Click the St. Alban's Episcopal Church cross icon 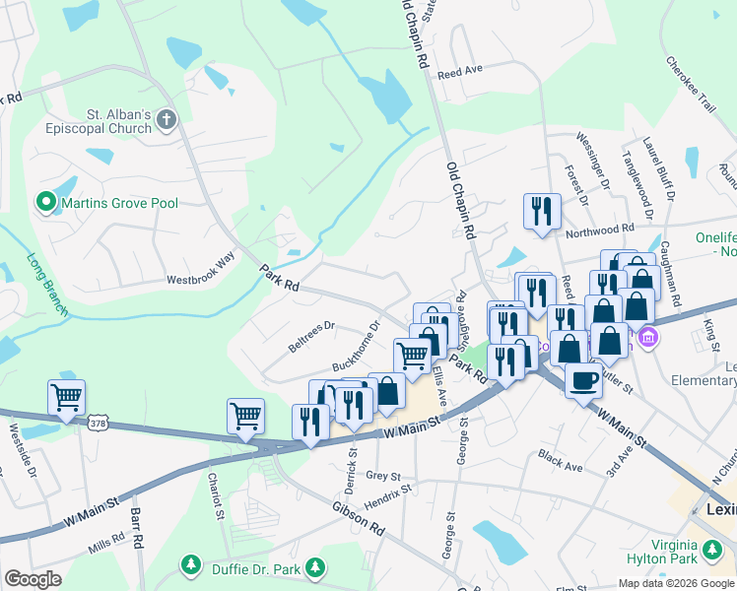[x=167, y=120]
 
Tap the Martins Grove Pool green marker [x=45, y=203]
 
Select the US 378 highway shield [x=97, y=422]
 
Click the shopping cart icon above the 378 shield [x=66, y=398]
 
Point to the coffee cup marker [x=584, y=378]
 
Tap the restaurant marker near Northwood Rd [x=542, y=211]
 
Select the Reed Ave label [x=460, y=72]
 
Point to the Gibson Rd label [x=358, y=517]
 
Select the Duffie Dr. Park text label [x=252, y=566]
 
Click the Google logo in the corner [x=33, y=579]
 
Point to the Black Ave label [x=561, y=457]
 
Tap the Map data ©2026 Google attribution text [x=675, y=583]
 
